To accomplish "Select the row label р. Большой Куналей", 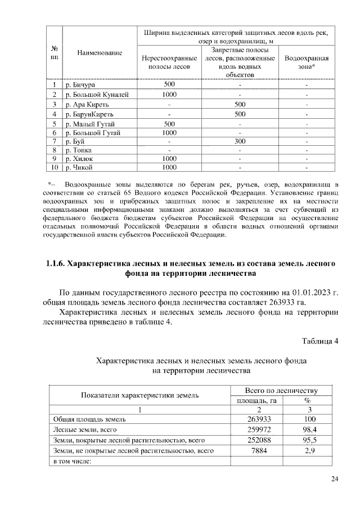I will pyautogui.click(x=97, y=95).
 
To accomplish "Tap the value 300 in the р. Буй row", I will pyautogui.click(x=240, y=142).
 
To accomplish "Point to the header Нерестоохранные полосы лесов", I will pyautogui.click(x=169, y=62).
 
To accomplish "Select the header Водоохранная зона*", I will pyautogui.click(x=307, y=62).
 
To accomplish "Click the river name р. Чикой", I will pyautogui.click(x=79, y=167).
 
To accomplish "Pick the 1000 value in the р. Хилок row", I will pyautogui.click(x=169, y=159).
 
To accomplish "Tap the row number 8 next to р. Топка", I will pyautogui.click(x=55, y=150).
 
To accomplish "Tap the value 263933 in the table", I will pyautogui.click(x=259, y=419).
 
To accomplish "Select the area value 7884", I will pyautogui.click(x=259, y=451).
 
